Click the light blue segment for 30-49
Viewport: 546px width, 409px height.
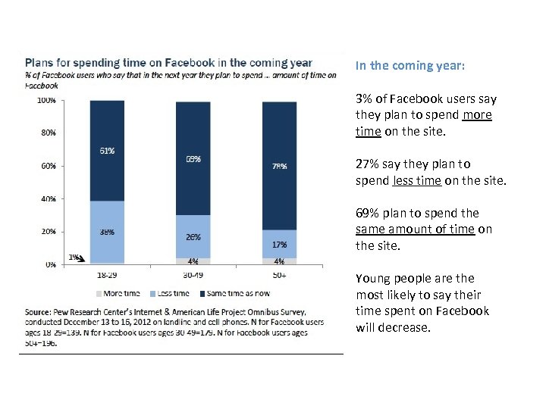pyautogui.click(x=193, y=236)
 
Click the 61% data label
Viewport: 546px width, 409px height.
pyautogui.click(x=108, y=151)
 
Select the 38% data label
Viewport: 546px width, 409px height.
pyautogui.click(x=108, y=232)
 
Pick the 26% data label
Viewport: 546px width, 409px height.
pyautogui.click(x=193, y=237)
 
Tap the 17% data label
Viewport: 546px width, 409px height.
pyautogui.click(x=279, y=245)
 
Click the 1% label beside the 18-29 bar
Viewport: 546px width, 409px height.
pyautogui.click(x=74, y=258)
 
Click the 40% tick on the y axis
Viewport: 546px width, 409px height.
pyautogui.click(x=47, y=198)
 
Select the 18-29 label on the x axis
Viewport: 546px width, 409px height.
pyautogui.click(x=108, y=274)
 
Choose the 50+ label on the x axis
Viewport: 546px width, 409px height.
pyautogui.click(x=279, y=274)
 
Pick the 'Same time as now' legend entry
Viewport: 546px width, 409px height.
pyautogui.click(x=237, y=292)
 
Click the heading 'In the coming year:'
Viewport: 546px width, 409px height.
pyautogui.click(x=410, y=65)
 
